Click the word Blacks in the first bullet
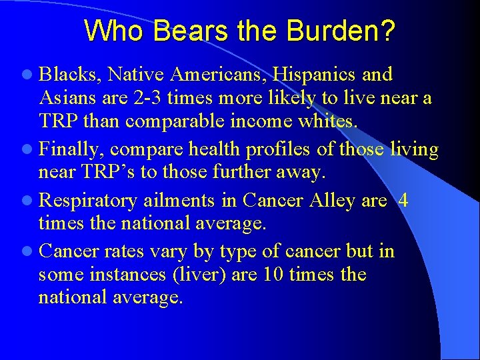coord(68,75)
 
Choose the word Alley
coord(331,201)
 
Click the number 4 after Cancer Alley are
coord(403,201)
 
